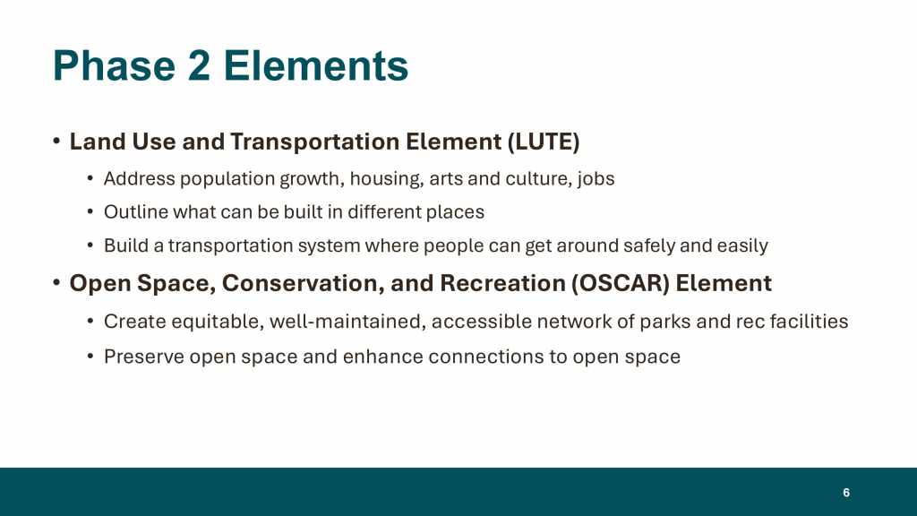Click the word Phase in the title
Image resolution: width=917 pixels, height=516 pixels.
pyautogui.click(x=114, y=65)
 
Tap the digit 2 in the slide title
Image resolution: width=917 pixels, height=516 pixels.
pyautogui.click(x=199, y=65)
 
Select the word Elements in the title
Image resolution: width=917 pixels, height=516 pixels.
pyautogui.click(x=316, y=65)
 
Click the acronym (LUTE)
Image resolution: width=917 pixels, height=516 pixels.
pyautogui.click(x=544, y=142)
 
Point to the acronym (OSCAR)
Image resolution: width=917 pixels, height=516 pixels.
pyautogui.click(x=621, y=284)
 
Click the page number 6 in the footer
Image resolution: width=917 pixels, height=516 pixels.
pyautogui.click(x=846, y=493)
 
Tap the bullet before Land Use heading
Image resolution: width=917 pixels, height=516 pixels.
pyautogui.click(x=56, y=141)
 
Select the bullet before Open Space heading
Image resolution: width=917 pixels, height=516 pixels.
pyautogui.click(x=56, y=282)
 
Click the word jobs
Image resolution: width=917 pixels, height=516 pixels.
pyautogui.click(x=596, y=179)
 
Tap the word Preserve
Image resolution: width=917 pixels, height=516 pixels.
pyautogui.click(x=144, y=357)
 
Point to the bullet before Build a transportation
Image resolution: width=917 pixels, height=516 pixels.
pyautogui.click(x=90, y=245)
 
